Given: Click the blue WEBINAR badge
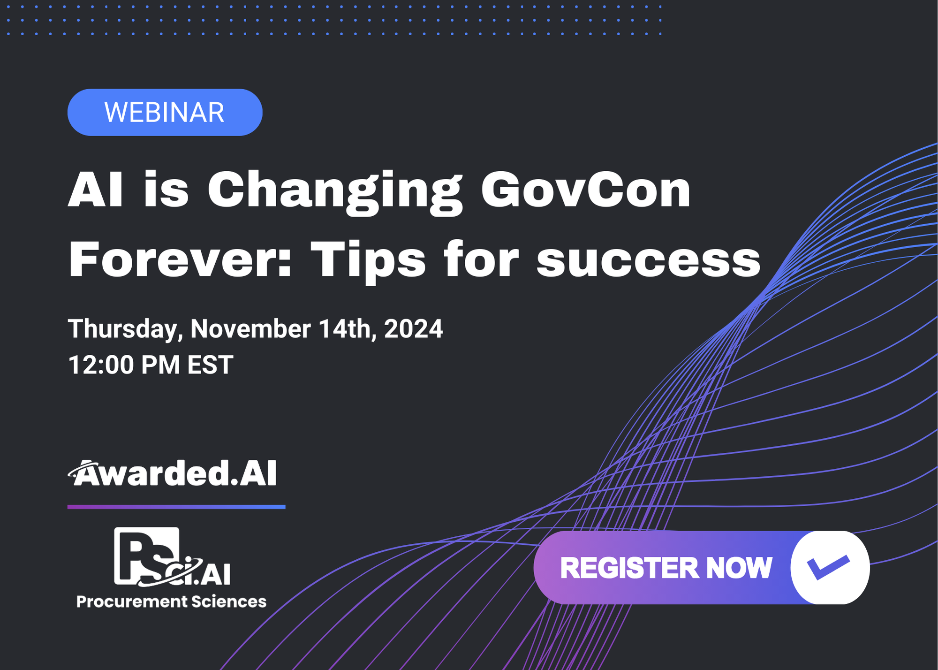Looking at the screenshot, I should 165,113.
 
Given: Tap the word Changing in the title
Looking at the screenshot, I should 335,190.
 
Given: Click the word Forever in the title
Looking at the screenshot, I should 180,259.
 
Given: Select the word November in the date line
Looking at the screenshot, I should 250,329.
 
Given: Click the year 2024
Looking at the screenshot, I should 413,329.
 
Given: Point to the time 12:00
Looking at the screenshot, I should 100,365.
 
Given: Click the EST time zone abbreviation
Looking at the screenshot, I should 210,365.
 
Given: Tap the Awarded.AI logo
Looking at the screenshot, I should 173,473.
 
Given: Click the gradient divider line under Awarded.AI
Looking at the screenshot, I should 176,507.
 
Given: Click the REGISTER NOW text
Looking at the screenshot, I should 666,568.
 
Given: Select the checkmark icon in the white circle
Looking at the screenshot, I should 828,567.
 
